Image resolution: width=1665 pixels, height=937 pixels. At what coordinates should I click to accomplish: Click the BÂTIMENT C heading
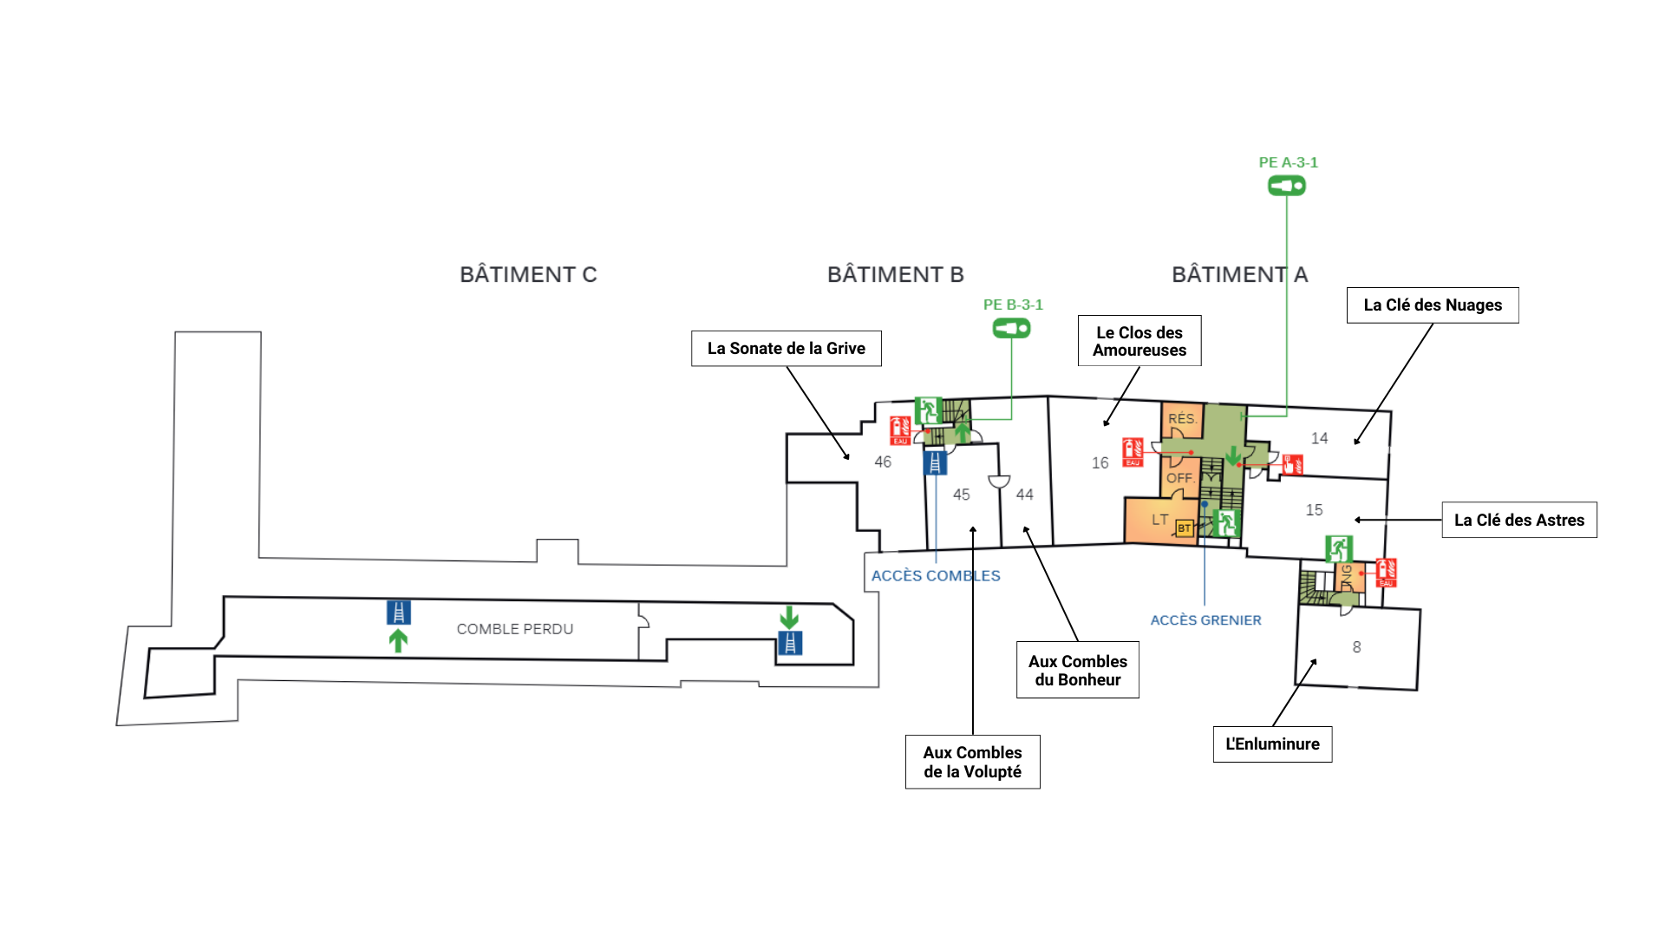click(528, 275)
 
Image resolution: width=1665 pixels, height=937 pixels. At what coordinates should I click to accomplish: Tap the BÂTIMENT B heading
click(895, 275)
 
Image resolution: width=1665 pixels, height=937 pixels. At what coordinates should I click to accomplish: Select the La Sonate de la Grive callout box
click(786, 349)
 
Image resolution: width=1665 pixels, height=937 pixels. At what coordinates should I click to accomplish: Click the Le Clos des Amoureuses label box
click(1139, 341)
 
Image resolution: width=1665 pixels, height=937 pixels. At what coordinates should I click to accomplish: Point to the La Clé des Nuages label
click(1432, 305)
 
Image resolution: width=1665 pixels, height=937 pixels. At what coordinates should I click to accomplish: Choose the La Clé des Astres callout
click(1518, 521)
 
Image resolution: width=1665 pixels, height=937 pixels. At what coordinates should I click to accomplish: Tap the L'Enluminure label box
click(1272, 744)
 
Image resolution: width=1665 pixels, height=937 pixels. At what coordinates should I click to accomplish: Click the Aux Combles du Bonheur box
click(1077, 671)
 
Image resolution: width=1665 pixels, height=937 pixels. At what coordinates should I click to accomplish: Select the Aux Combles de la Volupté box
click(972, 763)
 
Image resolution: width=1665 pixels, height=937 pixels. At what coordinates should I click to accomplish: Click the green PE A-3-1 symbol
click(1287, 186)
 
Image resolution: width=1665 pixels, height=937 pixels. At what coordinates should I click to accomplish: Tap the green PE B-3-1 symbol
click(1011, 329)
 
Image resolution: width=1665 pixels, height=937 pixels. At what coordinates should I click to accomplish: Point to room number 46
click(883, 462)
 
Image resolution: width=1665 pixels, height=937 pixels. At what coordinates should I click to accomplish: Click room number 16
click(1100, 463)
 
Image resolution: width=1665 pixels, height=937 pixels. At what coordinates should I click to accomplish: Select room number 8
click(1356, 647)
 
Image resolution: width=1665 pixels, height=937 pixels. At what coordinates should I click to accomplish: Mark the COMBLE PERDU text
click(514, 629)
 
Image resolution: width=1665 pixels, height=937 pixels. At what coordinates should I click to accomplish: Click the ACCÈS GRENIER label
click(1205, 620)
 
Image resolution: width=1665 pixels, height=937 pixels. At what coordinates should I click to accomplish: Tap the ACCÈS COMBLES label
click(936, 576)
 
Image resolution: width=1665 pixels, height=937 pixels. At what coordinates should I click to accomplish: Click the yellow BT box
click(1184, 527)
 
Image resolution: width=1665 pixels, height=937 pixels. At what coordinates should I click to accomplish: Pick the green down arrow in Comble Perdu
click(789, 618)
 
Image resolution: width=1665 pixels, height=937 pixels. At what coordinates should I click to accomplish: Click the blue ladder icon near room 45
click(935, 463)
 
